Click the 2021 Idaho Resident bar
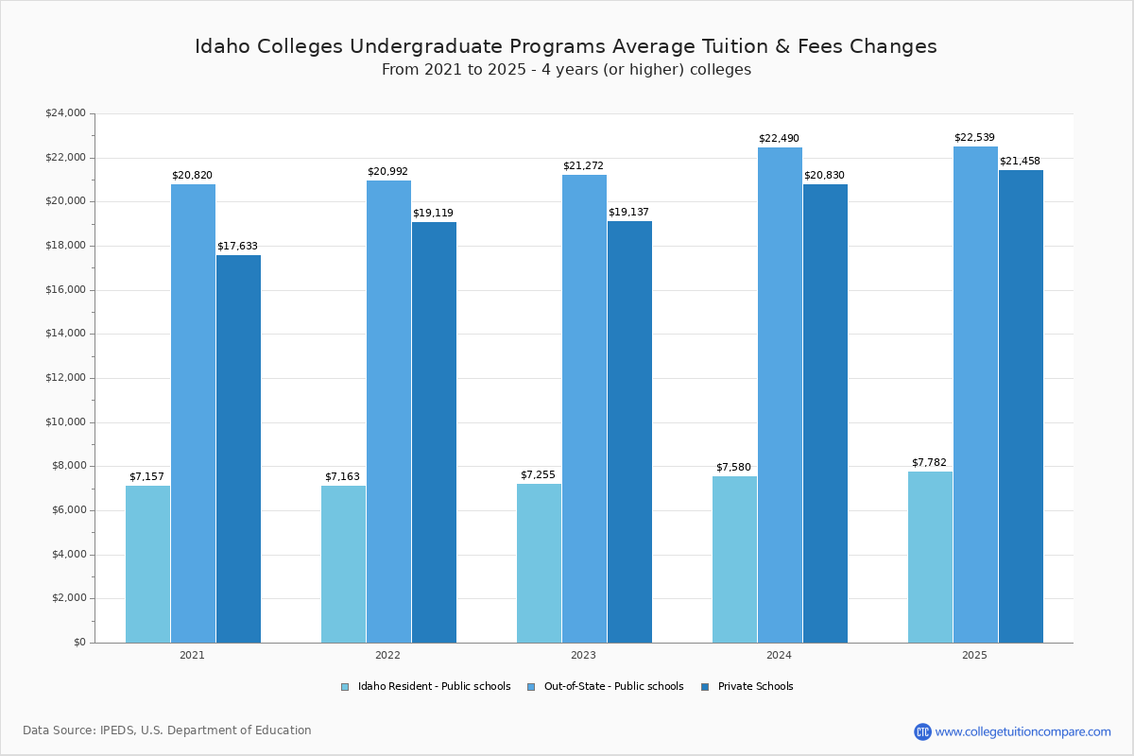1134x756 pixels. click(147, 564)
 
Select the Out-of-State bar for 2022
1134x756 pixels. click(388, 411)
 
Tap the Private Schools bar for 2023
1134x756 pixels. click(629, 432)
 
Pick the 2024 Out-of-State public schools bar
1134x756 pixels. click(780, 395)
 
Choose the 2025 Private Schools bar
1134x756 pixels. click(1021, 406)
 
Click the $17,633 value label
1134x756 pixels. click(237, 247)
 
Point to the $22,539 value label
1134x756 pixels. click(974, 138)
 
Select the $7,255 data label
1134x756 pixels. click(538, 475)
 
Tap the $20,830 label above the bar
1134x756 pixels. click(824, 176)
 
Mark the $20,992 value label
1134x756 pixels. click(387, 172)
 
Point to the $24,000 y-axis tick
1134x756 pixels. click(65, 113)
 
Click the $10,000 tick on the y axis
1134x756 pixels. click(65, 422)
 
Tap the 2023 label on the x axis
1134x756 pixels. click(583, 655)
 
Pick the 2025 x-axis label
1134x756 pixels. click(974, 655)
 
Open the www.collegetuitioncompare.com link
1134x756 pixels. click(1022, 731)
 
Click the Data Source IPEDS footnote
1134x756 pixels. click(167, 730)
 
